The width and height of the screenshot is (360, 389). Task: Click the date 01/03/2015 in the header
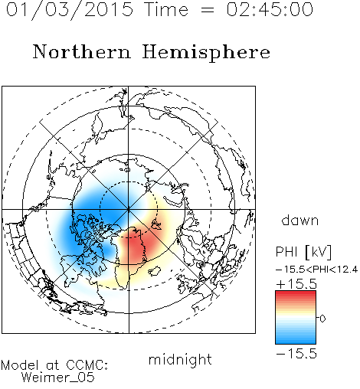click(70, 10)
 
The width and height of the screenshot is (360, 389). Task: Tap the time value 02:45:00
click(270, 9)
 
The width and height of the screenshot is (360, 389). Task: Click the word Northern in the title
click(82, 51)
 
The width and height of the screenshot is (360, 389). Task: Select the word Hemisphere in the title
click(206, 53)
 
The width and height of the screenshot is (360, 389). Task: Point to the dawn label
click(300, 221)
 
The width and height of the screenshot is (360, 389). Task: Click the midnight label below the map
click(180, 360)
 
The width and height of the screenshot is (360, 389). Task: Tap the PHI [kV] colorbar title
click(303, 252)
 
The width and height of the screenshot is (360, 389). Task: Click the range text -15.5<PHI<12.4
click(317, 270)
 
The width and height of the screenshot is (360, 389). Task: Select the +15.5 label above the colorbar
click(296, 284)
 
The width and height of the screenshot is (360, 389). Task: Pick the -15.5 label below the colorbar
click(296, 354)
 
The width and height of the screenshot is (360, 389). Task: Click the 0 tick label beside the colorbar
click(322, 319)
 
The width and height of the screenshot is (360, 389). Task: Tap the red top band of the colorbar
click(296, 296)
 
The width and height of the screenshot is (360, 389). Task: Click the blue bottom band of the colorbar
click(296, 339)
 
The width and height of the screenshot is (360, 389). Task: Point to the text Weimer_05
click(58, 378)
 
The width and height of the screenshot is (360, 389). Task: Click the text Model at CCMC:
click(54, 365)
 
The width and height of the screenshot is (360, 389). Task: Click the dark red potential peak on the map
click(135, 247)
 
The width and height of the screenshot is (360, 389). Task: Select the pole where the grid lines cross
click(129, 210)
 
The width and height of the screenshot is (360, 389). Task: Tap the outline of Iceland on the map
click(155, 271)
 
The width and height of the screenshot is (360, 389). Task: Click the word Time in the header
click(166, 9)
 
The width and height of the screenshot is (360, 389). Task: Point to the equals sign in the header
click(208, 11)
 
